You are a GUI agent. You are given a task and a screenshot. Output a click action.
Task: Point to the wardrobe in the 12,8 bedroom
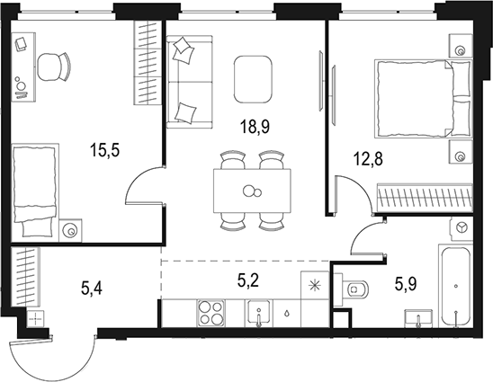click(x=425, y=197)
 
